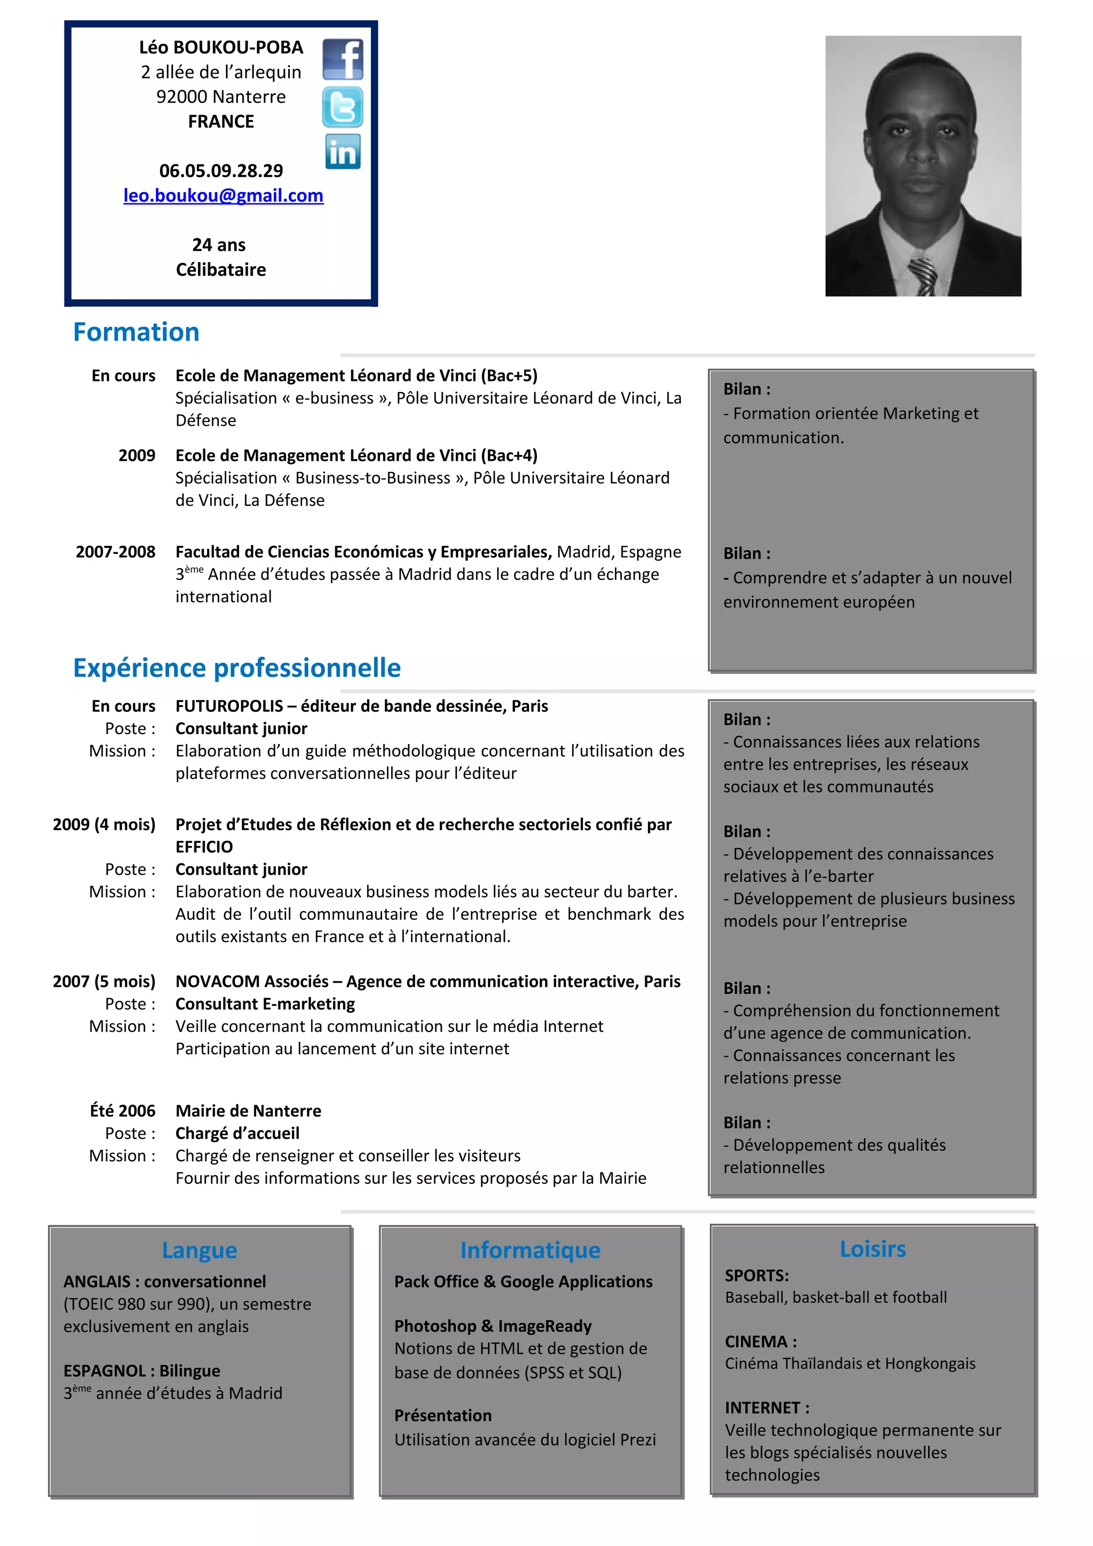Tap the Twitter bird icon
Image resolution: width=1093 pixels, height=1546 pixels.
tap(342, 107)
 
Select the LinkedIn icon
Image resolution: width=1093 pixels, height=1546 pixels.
tap(343, 152)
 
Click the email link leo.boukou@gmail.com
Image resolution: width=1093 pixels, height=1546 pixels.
tap(223, 195)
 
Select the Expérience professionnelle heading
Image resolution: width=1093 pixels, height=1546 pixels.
tap(236, 667)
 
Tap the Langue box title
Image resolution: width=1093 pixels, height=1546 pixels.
tap(200, 1250)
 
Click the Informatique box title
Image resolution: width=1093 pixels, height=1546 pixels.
tap(530, 1250)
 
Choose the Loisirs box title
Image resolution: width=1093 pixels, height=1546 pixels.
tap(872, 1248)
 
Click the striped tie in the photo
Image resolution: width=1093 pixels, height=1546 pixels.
tap(922, 276)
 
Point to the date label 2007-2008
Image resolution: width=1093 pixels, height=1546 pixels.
tap(115, 552)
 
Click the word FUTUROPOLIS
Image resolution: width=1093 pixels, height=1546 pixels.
tap(229, 706)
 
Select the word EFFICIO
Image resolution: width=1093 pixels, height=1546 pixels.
tap(204, 847)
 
